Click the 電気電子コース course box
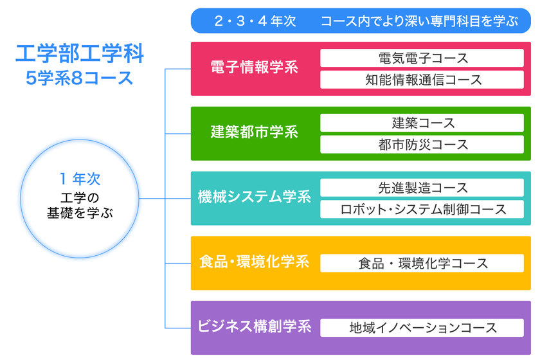(x=422, y=58)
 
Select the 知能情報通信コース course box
(x=422, y=80)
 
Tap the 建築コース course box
(x=422, y=123)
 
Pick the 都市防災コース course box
(x=422, y=145)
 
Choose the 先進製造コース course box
(x=422, y=188)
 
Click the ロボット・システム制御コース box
(x=422, y=210)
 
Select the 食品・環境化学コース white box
(x=422, y=264)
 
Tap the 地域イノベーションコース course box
(x=422, y=328)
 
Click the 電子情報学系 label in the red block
(x=255, y=67)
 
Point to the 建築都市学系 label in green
(x=255, y=132)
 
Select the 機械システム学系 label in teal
(x=255, y=197)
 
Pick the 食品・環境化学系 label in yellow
(x=255, y=262)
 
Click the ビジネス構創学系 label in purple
(x=255, y=327)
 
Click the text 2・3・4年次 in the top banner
(x=255, y=21)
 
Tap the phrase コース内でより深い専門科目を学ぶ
(x=419, y=21)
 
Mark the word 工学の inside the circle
(x=80, y=196)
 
